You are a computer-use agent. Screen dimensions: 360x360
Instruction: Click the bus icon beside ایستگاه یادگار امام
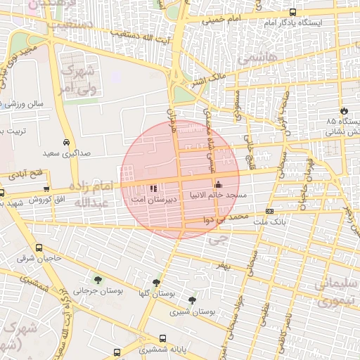[x=293, y=12]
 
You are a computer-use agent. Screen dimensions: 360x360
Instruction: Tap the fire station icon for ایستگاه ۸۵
[x=344, y=111]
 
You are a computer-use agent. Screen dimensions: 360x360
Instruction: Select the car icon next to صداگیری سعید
[x=65, y=141]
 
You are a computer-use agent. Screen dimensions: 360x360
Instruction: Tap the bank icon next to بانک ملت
[x=270, y=211]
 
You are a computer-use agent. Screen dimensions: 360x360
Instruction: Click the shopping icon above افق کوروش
[x=46, y=189]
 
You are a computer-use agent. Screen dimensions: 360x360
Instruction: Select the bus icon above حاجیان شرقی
[x=38, y=247]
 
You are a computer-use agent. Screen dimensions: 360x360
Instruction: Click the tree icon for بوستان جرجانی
[x=97, y=280]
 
